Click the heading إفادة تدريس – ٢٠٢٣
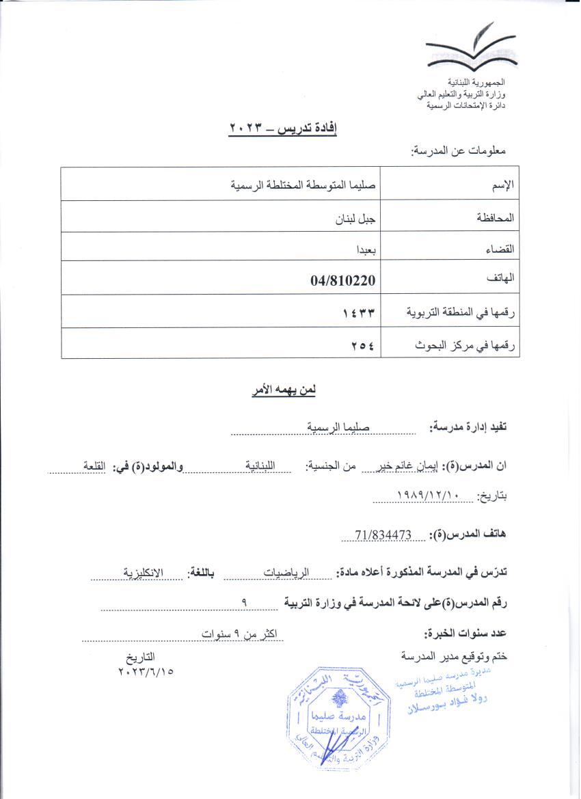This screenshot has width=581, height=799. [x=283, y=128]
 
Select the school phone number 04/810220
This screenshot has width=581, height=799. [x=344, y=280]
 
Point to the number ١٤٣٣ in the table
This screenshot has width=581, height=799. [x=360, y=312]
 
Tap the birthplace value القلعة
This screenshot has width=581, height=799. [x=97, y=465]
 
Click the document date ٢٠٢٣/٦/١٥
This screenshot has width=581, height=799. [x=145, y=671]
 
